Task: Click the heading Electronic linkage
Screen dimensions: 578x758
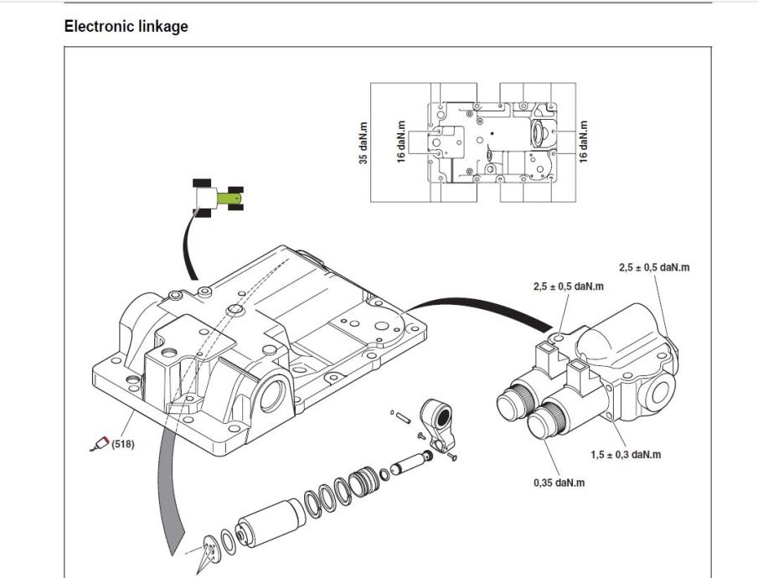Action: click(x=126, y=27)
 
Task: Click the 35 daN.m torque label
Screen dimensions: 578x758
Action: click(x=364, y=142)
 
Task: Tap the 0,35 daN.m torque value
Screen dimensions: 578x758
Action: click(x=560, y=483)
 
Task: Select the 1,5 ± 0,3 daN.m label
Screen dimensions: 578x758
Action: click(x=619, y=455)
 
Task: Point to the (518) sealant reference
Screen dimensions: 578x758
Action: click(x=121, y=444)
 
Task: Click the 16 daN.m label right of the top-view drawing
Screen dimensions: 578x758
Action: click(x=584, y=142)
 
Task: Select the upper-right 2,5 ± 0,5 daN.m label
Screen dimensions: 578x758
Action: click(x=654, y=267)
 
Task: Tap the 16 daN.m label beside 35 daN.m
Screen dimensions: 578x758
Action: click(x=401, y=142)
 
